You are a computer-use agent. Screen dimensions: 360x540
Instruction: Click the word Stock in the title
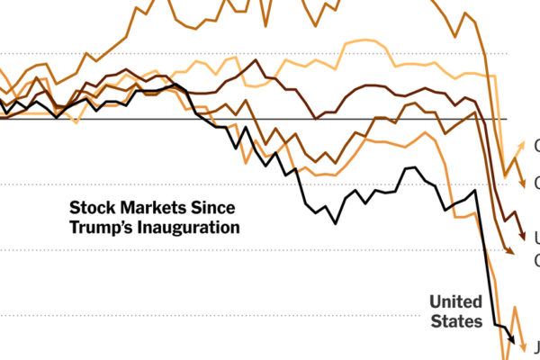click(92, 206)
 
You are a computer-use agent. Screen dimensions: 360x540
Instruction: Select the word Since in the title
click(214, 206)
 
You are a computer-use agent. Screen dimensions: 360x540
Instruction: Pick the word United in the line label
click(455, 301)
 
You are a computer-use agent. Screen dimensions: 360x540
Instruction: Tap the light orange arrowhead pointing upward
click(521, 145)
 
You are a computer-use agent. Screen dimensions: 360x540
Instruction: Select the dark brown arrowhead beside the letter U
click(522, 238)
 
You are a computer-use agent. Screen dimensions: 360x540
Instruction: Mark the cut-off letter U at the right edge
click(537, 238)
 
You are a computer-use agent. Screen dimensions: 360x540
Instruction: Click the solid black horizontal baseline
click(270, 119)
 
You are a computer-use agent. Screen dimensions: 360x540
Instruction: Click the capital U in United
click(435, 301)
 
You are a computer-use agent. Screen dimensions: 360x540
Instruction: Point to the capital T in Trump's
click(75, 227)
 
